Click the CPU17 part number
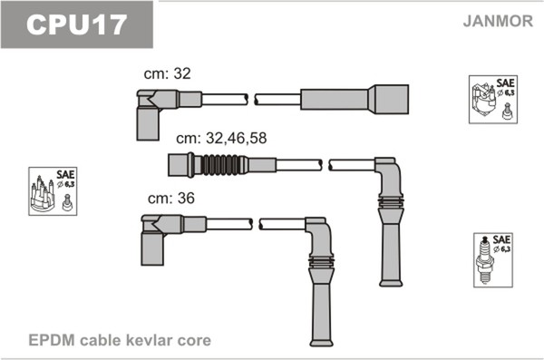pyautogui.click(x=76, y=24)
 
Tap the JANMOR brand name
pyautogui.click(x=498, y=21)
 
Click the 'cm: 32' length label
pyautogui.click(x=167, y=73)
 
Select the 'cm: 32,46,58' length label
pyautogui.click(x=221, y=138)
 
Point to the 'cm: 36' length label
pyautogui.click(x=171, y=199)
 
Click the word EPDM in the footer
pyautogui.click(x=52, y=340)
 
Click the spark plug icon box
pyautogui.click(x=493, y=260)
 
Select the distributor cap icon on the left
pyautogui.click(x=53, y=191)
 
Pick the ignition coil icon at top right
pyautogui.click(x=493, y=99)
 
